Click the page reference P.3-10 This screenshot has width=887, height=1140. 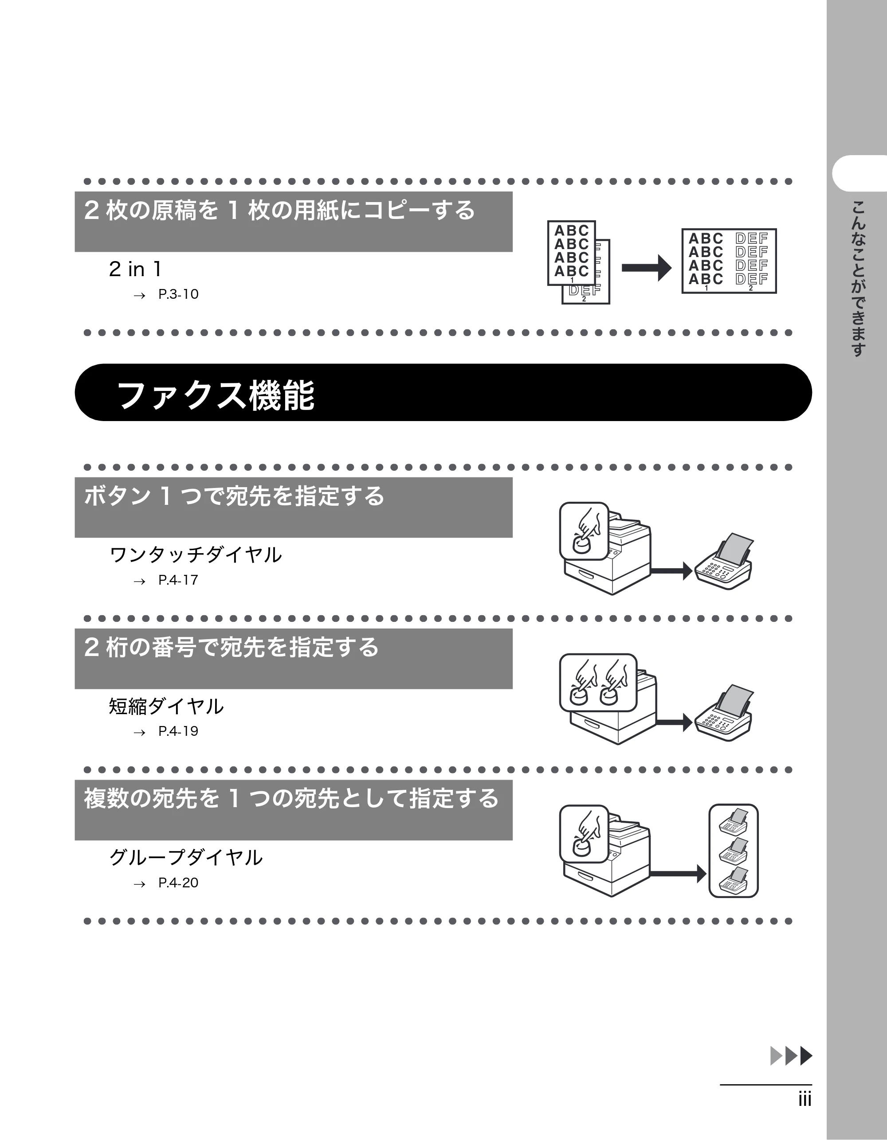click(178, 294)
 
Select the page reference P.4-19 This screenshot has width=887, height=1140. click(178, 731)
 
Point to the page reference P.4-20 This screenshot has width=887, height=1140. click(178, 882)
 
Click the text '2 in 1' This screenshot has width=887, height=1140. click(135, 269)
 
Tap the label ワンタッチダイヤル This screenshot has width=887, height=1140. click(196, 555)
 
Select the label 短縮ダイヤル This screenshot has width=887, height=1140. click(166, 706)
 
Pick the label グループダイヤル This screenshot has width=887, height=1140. click(186, 858)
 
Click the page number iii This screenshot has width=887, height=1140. click(805, 1099)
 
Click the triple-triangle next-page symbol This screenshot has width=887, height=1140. click(791, 1055)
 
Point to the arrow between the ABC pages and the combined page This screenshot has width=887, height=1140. click(647, 268)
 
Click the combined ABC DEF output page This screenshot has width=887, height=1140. click(729, 261)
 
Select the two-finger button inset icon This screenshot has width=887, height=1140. click(598, 683)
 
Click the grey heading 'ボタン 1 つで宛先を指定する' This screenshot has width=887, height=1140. click(235, 496)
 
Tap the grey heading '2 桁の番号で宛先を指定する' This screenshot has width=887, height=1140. click(232, 647)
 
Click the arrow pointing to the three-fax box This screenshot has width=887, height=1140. click(679, 873)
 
